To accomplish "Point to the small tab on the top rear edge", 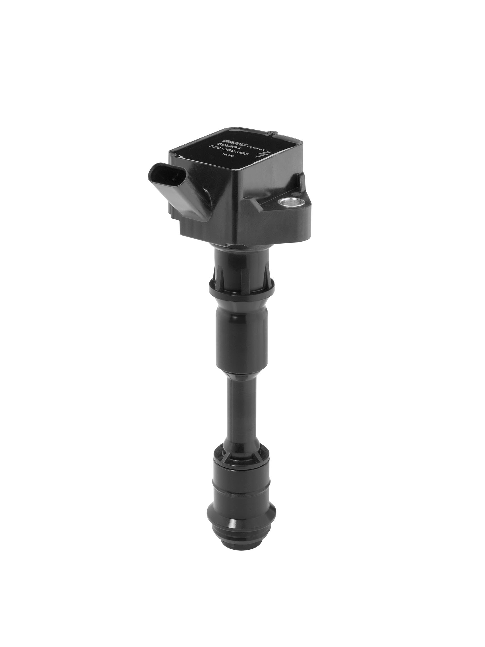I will tap(272, 134).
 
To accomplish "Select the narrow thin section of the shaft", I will tap(242, 409).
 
